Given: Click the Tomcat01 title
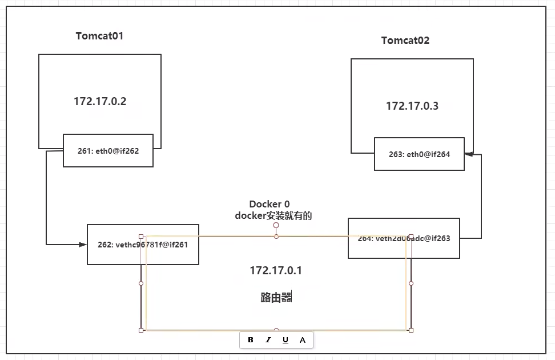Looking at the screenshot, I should [x=99, y=36].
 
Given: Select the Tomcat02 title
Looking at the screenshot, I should [x=405, y=41].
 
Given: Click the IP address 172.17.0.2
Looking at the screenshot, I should [x=100, y=102].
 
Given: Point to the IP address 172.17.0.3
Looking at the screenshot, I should [x=412, y=106].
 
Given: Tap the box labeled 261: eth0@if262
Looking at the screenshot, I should [x=108, y=151].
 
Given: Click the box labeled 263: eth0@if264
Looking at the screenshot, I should [x=419, y=154].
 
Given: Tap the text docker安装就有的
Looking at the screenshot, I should [x=274, y=215].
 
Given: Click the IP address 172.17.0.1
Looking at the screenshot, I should [x=276, y=271].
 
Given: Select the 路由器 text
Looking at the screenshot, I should [x=276, y=297].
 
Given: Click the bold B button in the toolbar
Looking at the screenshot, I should [x=251, y=340].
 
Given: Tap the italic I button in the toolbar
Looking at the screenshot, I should [x=268, y=340].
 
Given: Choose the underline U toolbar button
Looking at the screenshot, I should [x=285, y=340].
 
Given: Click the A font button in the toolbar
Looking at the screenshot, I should [x=303, y=340].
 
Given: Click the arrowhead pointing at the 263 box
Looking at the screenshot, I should [x=468, y=154].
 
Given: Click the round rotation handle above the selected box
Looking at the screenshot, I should [x=276, y=225].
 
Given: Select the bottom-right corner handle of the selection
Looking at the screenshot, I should [x=411, y=330].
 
